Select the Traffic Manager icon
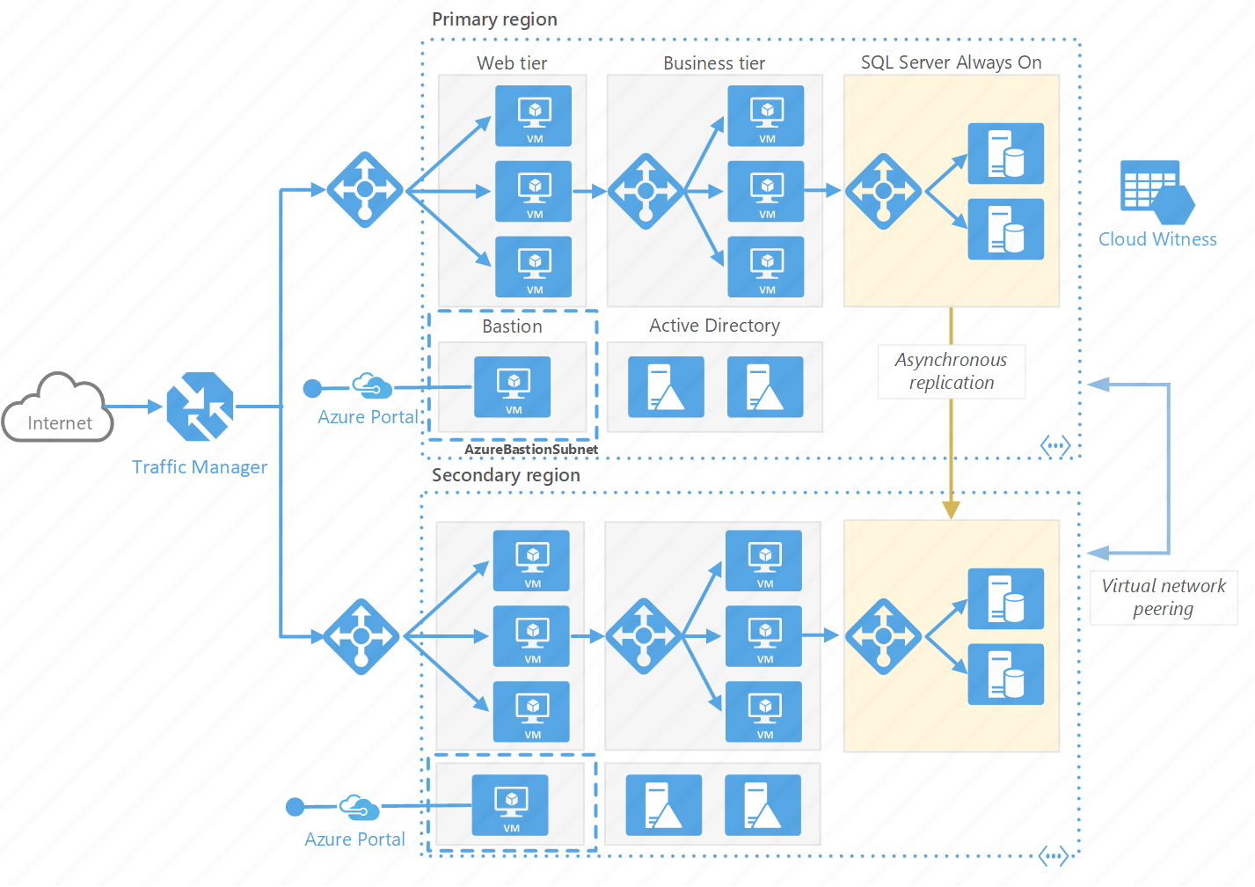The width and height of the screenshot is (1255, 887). pos(200,407)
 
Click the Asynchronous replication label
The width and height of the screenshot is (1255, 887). pos(951,371)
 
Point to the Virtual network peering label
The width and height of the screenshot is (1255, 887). pos(1163,597)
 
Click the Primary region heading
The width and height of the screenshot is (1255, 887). pos(494,19)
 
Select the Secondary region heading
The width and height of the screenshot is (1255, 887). pos(506,475)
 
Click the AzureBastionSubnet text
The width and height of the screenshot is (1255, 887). pos(530,449)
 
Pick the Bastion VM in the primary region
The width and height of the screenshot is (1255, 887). pos(513,386)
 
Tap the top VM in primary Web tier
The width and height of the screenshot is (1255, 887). pos(534,115)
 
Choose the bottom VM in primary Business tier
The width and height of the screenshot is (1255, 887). pos(766,267)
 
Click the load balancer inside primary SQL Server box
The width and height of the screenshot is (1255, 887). pos(883,191)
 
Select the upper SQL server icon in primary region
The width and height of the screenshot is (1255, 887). pos(1005,153)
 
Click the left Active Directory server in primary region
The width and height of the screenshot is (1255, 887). pos(666,386)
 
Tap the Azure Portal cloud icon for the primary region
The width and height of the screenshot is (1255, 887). pos(372,385)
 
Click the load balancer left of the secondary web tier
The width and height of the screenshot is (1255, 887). pos(361,636)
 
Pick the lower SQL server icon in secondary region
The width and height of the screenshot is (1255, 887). pos(1005,674)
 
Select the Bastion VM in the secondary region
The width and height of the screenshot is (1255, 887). pos(511,805)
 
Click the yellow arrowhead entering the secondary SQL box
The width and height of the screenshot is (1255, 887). pos(951,509)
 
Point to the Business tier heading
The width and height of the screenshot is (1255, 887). pos(713,63)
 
